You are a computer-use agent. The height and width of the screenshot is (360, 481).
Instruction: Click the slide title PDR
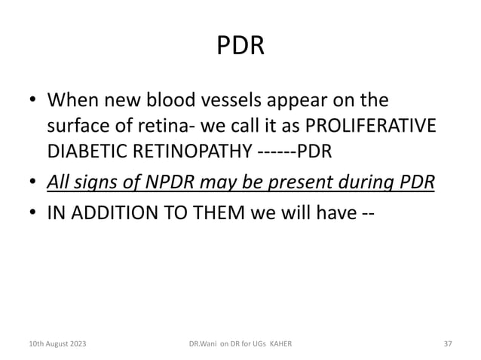coord(240,47)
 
